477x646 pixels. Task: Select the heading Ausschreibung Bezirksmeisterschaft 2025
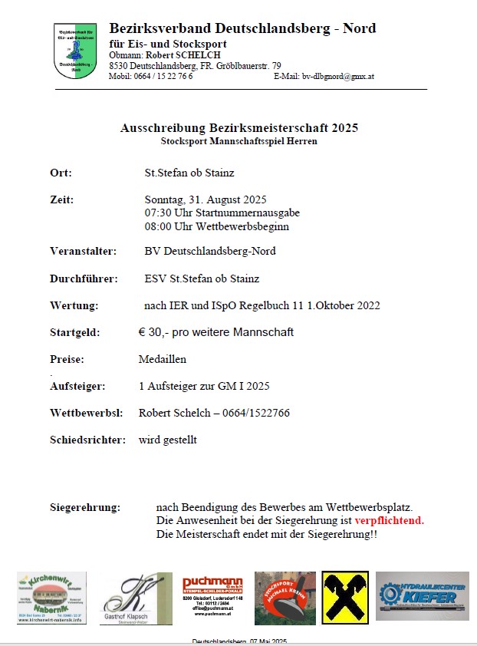[239, 127]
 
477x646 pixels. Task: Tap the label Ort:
[61, 173]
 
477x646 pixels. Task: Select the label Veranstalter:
[83, 251]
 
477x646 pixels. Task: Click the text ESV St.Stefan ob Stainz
[202, 279]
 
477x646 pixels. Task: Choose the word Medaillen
[163, 358]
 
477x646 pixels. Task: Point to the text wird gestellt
[168, 440]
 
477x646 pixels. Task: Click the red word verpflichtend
[389, 520]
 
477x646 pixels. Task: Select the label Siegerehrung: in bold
[85, 508]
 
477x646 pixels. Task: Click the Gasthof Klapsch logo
[137, 598]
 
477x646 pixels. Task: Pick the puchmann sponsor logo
[212, 598]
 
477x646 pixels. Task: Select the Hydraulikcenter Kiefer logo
[422, 595]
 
